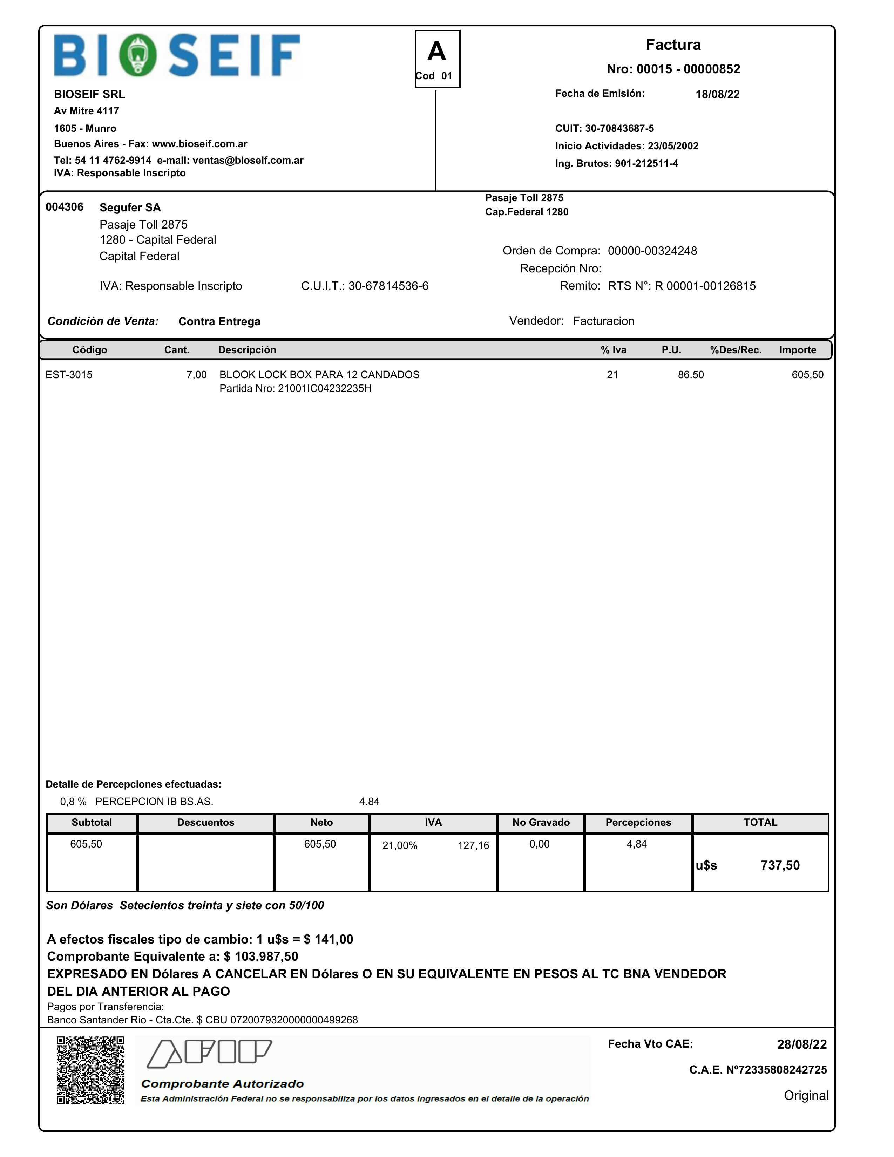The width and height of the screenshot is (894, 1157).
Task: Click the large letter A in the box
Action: click(437, 52)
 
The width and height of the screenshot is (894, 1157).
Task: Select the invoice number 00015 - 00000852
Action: click(688, 69)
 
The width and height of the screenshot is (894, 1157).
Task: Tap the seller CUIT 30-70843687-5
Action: click(619, 128)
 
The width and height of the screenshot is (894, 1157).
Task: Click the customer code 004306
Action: click(64, 207)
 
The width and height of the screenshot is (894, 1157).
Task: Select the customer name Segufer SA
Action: click(130, 207)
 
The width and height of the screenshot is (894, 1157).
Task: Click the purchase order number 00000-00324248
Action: click(652, 251)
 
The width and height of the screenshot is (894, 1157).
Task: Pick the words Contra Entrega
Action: click(219, 321)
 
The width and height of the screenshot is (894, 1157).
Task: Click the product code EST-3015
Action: click(69, 375)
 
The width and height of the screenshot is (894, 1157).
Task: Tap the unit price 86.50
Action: click(691, 375)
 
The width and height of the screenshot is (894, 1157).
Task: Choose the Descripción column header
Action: click(247, 350)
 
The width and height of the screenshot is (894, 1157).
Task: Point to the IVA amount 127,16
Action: click(473, 845)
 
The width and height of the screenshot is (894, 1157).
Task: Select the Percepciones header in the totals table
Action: click(638, 822)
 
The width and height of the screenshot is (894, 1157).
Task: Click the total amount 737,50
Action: click(780, 865)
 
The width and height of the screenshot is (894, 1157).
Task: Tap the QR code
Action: click(90, 1070)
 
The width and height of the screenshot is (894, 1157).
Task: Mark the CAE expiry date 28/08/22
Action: click(801, 1044)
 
